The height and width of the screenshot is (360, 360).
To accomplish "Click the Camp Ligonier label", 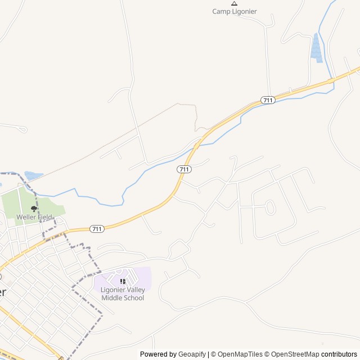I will click(x=234, y=11).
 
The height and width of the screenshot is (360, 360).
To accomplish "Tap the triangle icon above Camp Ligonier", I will click(x=234, y=3).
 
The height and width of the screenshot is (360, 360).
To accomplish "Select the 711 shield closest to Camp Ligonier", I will click(x=268, y=100).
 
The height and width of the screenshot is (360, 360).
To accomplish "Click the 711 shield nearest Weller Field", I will click(x=97, y=229).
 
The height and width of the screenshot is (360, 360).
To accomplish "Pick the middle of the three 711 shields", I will click(x=184, y=169).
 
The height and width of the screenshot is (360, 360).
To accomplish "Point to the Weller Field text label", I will click(x=34, y=217).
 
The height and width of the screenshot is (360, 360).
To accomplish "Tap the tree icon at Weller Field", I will click(x=34, y=209).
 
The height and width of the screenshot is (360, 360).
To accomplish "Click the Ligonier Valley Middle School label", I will click(x=123, y=294).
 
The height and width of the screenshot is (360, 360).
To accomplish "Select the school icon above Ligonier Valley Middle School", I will click(x=123, y=281).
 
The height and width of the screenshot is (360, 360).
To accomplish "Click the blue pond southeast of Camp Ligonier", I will click(x=317, y=47).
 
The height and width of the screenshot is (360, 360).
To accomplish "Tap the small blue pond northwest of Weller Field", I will click(x=33, y=176).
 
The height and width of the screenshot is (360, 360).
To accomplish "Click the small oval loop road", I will click(x=270, y=207).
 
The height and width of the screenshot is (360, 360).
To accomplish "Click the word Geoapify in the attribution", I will click(x=192, y=354).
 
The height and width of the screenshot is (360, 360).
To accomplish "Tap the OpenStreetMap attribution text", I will click(x=295, y=354).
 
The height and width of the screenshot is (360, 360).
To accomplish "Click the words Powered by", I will click(x=158, y=354).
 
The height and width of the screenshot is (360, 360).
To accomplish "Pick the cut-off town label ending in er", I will click(x=3, y=292).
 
